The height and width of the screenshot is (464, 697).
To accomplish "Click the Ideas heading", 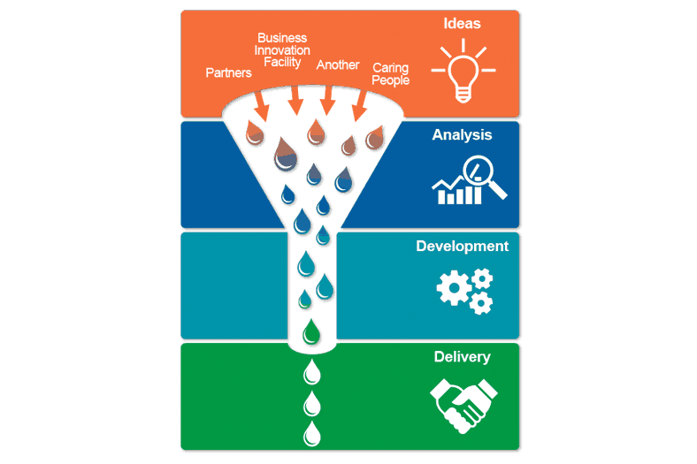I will [x=462, y=25].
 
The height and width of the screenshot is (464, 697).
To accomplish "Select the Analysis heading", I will [x=462, y=135].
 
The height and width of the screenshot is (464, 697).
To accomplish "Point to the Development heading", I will [x=462, y=247].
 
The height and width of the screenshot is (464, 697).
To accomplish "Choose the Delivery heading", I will [x=462, y=357].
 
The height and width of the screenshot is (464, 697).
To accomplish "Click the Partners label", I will [x=228, y=72].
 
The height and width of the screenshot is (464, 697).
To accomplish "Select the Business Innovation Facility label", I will [x=282, y=50].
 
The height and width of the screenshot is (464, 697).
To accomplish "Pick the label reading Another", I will [x=338, y=65].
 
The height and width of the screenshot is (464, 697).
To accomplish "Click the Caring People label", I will [x=390, y=73].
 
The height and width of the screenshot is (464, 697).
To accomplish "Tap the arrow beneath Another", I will [x=327, y=102].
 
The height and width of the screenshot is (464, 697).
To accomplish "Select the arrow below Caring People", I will [x=359, y=107].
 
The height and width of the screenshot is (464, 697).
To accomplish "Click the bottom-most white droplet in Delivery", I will [x=311, y=432].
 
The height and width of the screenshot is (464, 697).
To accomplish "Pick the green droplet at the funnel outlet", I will [x=311, y=331].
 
